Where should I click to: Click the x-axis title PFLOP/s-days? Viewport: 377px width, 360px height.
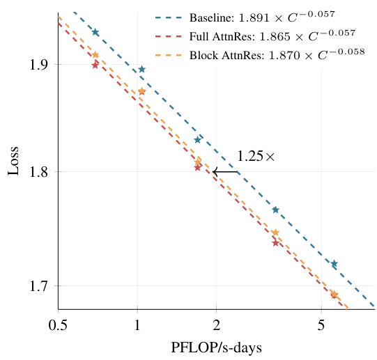coord(216,347)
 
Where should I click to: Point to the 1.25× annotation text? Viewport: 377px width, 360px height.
coord(256,157)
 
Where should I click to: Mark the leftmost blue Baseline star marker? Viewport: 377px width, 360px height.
coord(95,33)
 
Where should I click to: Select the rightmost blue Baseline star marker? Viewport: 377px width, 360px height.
coord(334,264)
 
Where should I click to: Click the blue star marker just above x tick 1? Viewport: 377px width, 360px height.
coord(141,69)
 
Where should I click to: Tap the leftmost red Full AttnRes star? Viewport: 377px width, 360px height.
coord(95,65)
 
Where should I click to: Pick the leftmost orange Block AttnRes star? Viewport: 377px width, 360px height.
coord(95,55)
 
